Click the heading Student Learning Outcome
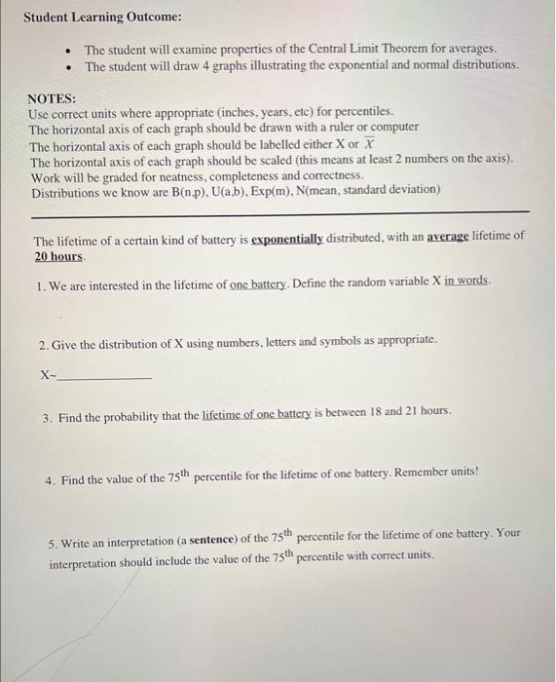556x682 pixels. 89,18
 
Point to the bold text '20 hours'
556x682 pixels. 59,256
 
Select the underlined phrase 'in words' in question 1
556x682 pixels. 466,282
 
